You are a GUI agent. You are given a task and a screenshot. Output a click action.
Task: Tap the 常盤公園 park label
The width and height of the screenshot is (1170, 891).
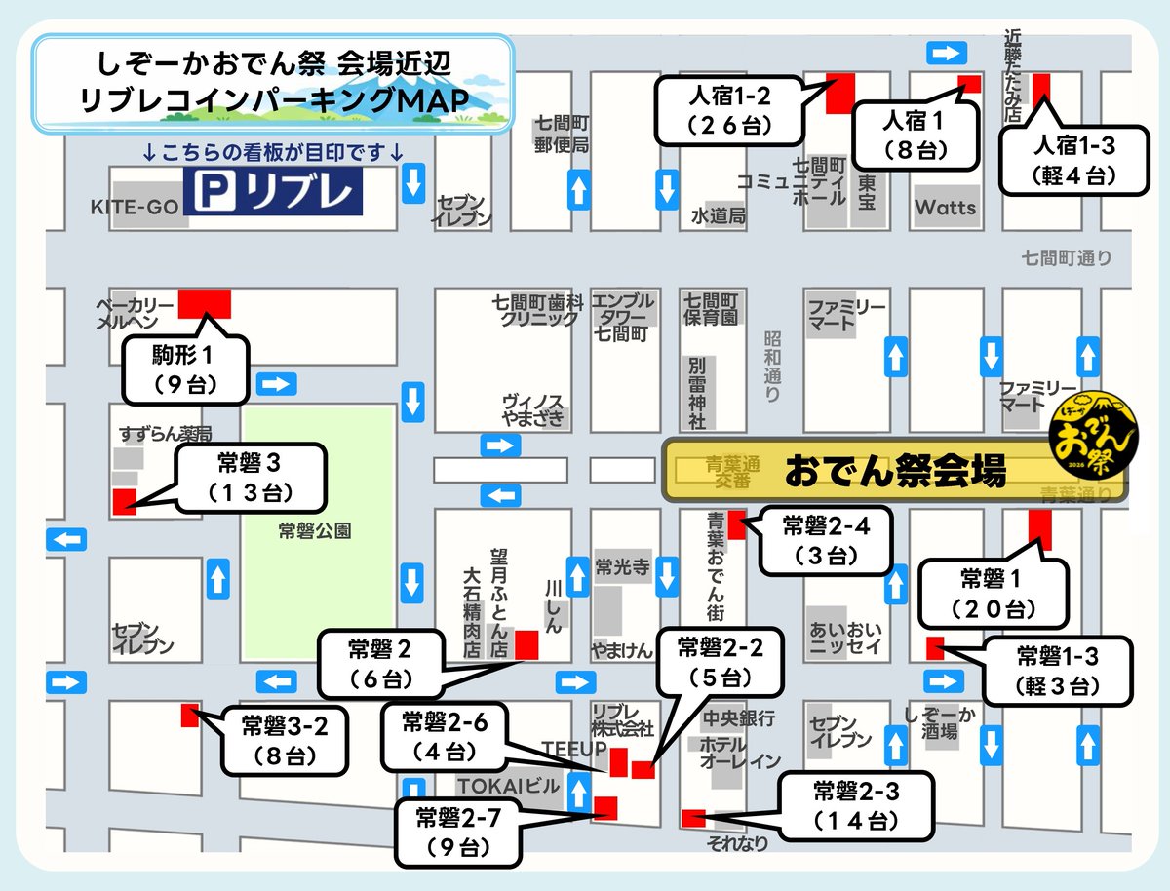(x=314, y=532)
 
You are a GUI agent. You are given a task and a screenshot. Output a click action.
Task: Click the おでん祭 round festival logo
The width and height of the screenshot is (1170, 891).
(x=1092, y=435)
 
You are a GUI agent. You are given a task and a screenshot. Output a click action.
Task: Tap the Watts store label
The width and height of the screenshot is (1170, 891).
(x=945, y=208)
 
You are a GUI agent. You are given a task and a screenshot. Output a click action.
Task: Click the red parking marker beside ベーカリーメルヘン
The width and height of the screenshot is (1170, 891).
(x=205, y=303)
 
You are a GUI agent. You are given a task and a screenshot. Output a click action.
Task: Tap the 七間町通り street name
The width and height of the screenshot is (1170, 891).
(x=1066, y=258)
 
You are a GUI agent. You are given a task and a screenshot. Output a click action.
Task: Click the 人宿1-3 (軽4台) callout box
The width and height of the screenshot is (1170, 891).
(x=1071, y=161)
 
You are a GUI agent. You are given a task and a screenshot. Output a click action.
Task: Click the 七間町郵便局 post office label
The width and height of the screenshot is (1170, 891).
(x=563, y=135)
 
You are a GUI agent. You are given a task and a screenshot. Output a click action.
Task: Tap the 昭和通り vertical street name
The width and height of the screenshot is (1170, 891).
(x=772, y=366)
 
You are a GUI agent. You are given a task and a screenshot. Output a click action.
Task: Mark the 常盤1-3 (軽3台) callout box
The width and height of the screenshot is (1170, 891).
(x=1057, y=671)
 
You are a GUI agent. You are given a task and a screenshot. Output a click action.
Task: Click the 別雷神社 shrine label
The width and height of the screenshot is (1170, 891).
(x=697, y=392)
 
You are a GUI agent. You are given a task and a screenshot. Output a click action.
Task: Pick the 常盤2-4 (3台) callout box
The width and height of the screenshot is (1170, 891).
(x=825, y=541)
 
